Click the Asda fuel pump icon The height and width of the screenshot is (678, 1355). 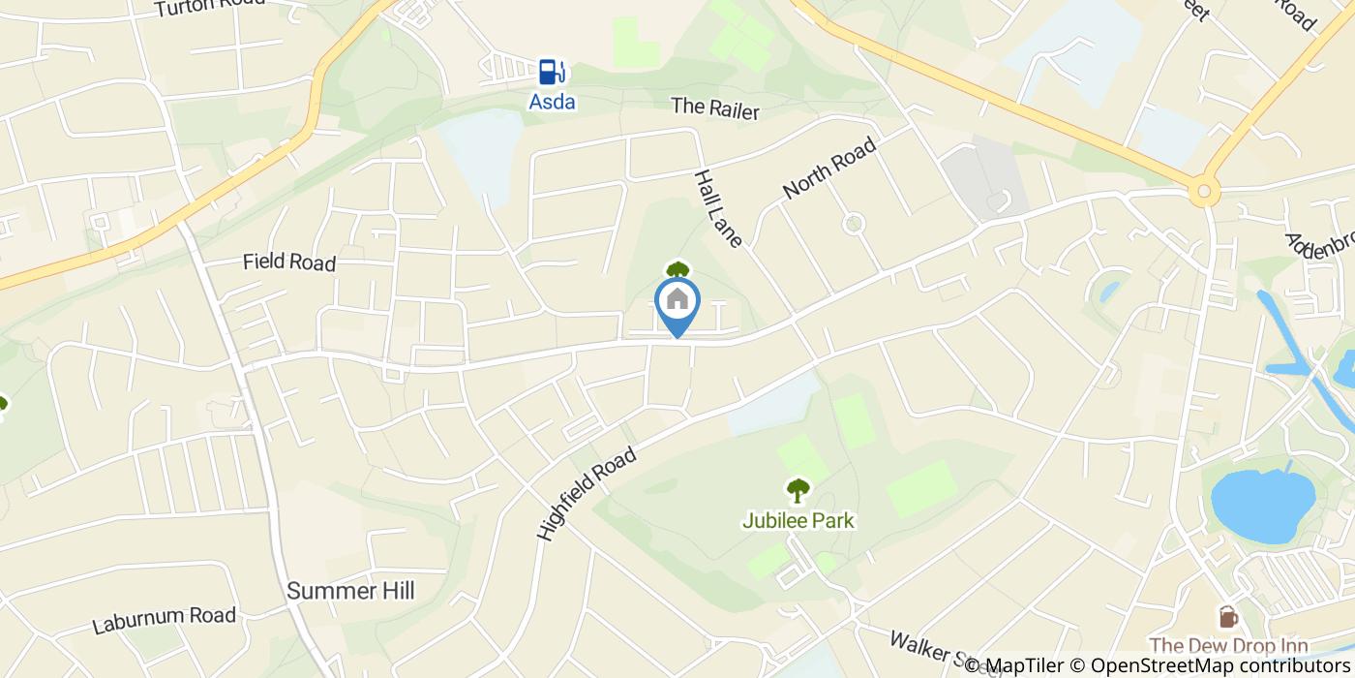[551, 72]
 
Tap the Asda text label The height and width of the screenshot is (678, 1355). [552, 101]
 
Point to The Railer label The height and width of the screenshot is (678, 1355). [715, 108]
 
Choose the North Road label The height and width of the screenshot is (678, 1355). [829, 168]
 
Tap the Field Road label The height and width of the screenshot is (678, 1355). [289, 262]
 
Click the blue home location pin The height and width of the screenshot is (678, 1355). [677, 301]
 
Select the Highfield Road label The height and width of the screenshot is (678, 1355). [587, 492]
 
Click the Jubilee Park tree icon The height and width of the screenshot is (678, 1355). [798, 490]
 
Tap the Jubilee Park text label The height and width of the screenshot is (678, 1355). [798, 521]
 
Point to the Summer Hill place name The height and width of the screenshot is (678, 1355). [350, 591]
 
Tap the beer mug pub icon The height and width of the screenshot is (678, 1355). [1227, 616]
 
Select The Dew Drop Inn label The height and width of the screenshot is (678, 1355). [1228, 646]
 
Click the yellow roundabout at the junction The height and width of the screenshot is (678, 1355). [1204, 192]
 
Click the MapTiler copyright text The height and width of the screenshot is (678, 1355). [1015, 665]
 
